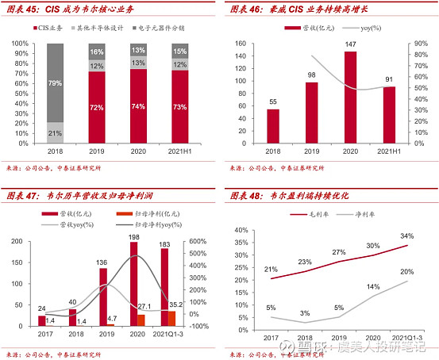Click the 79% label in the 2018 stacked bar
point(55,83)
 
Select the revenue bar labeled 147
point(349,96)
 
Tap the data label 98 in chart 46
point(311,75)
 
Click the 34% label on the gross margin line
point(406,236)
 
